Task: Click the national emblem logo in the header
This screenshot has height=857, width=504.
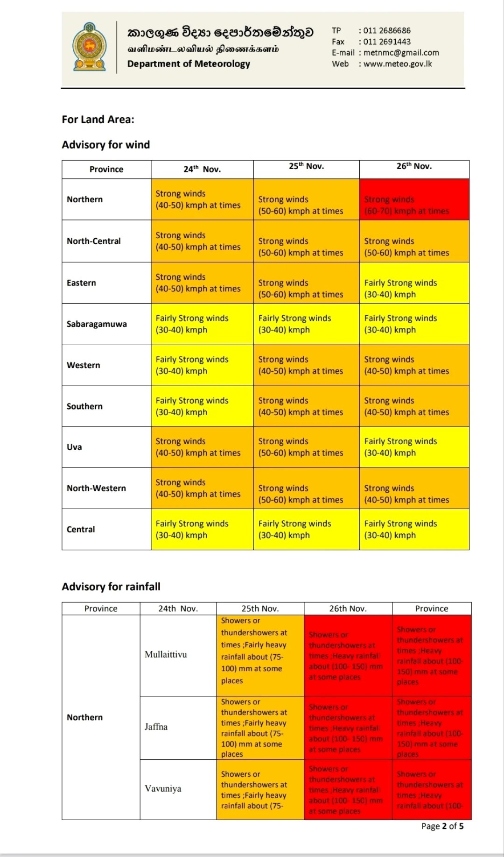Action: click(x=89, y=47)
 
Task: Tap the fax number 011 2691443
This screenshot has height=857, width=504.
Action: click(x=387, y=42)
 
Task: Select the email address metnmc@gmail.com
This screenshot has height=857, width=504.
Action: click(x=401, y=53)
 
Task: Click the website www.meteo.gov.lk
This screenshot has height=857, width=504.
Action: click(x=398, y=64)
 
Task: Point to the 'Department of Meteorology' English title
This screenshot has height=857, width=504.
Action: click(x=189, y=64)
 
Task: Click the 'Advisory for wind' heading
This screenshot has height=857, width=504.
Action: click(x=106, y=145)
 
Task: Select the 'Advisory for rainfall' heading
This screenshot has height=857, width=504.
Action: click(x=111, y=587)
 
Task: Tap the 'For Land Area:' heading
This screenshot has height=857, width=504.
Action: click(x=98, y=120)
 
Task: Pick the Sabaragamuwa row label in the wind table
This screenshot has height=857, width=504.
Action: click(x=97, y=324)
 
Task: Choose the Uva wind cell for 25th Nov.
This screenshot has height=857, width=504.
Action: click(x=306, y=447)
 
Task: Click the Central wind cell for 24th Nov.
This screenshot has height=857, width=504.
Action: click(x=202, y=529)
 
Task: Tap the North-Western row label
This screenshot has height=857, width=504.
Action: click(x=96, y=488)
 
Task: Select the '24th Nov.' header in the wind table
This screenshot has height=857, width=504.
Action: click(x=202, y=170)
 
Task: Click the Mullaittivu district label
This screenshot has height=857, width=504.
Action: click(x=166, y=654)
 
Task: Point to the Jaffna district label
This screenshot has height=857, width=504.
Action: click(x=156, y=727)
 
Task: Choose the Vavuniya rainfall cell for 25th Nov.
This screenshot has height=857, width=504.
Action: click(x=260, y=790)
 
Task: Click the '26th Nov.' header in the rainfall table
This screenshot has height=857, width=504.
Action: click(x=348, y=609)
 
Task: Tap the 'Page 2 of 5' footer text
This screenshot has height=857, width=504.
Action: click(x=442, y=826)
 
